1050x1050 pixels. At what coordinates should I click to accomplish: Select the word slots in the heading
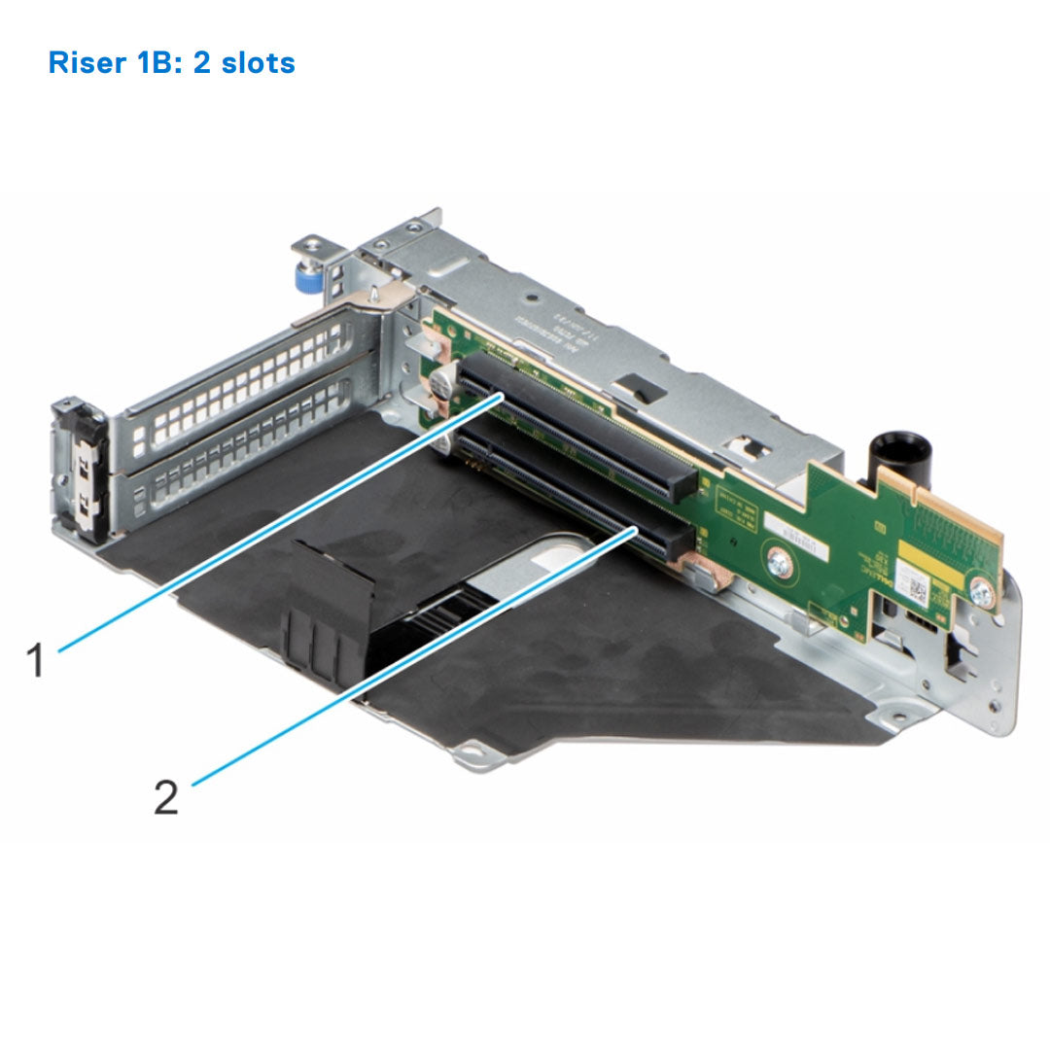point(258,63)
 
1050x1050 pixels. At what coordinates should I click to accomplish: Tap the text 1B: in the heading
point(157,63)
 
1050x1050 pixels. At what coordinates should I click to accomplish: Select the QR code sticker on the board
point(914,581)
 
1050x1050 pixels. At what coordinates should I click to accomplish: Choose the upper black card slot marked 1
point(574,428)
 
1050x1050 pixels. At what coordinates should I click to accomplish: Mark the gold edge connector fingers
point(962,525)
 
